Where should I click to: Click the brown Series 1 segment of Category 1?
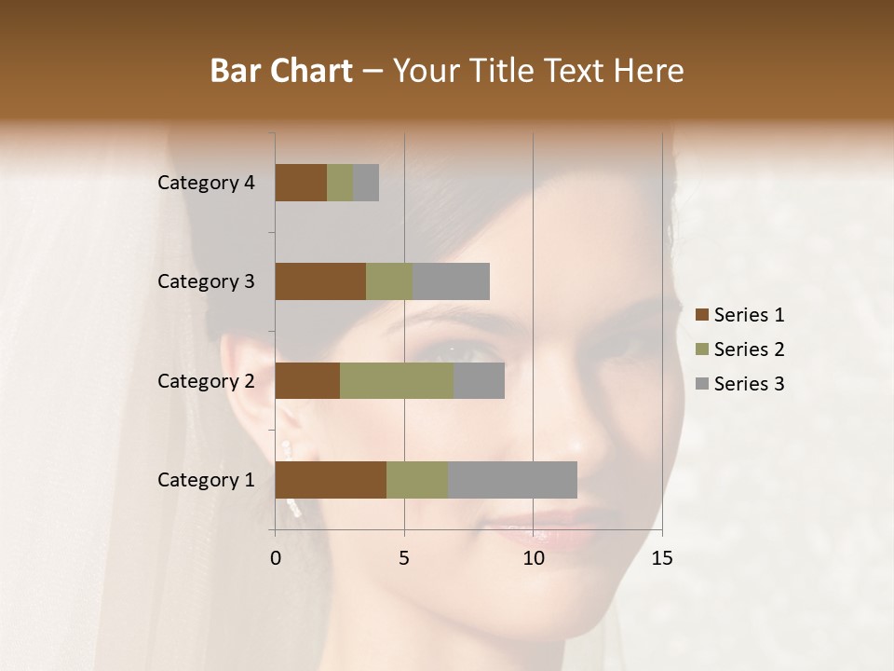331,480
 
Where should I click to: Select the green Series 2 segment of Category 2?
397,380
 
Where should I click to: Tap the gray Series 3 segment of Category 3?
451,281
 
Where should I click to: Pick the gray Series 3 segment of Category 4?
366,183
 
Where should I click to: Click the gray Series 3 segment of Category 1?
512,480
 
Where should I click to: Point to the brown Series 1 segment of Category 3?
320,281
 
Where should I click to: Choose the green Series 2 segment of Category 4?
340,183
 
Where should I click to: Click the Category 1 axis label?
206,480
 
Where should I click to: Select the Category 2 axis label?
206,380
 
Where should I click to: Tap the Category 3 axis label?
206,281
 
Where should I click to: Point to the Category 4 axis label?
206,183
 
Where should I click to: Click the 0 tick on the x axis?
276,558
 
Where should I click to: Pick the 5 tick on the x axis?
404,558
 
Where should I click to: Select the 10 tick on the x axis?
533,558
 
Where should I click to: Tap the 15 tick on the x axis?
661,558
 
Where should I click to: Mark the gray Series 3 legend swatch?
701,384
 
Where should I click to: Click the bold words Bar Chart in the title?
281,71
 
